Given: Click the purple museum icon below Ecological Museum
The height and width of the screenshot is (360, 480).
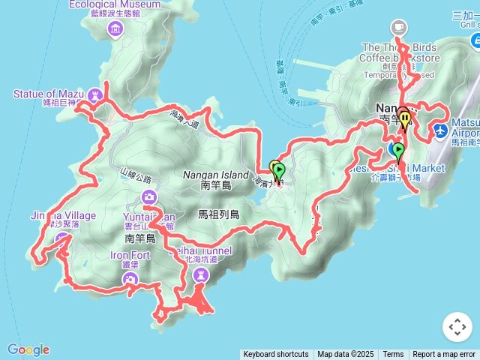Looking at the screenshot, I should point(115,29).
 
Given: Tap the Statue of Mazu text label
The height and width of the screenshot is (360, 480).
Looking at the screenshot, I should point(47,94).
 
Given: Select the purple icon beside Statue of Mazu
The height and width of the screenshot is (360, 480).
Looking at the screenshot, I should point(94,94).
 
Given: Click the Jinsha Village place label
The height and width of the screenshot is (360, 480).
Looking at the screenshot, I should point(64,216).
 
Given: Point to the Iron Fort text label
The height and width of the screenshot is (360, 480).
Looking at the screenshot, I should point(130,255).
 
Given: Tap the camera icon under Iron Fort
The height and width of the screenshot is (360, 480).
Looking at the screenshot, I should point(131,279).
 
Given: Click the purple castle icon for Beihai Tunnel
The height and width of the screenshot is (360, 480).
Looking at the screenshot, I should point(200,275).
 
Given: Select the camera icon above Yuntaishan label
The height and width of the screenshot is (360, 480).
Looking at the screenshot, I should point(150,197).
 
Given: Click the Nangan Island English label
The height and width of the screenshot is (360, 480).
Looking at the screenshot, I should point(215,175).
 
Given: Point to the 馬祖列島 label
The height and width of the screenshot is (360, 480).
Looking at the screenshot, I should point(218,214).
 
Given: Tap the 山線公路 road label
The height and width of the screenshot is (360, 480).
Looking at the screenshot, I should point(136,180).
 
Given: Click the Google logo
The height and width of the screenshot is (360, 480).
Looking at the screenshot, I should point(28,349).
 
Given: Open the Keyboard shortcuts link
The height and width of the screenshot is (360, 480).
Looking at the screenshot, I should point(276,355).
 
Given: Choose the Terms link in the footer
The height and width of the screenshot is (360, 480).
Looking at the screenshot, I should point(393,355).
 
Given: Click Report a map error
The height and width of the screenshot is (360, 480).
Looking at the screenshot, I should point(444,355).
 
